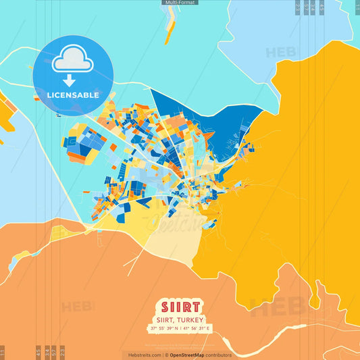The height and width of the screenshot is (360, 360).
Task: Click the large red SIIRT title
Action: click(x=180, y=306)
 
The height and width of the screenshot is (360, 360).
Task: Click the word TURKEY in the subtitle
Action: click(x=192, y=319)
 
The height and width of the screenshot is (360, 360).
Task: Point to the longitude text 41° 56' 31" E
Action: click(x=197, y=328)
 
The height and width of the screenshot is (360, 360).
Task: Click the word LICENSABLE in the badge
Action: click(x=73, y=95)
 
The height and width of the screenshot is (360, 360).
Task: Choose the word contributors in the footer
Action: click(x=218, y=355)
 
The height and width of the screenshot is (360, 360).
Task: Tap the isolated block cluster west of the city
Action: click(x=82, y=142)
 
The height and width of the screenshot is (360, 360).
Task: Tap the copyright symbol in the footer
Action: click(x=166, y=355)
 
